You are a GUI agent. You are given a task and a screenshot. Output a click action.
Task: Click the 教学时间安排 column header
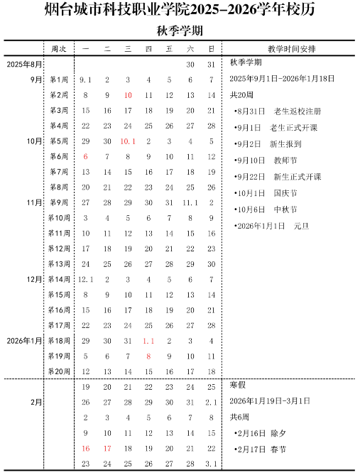292,49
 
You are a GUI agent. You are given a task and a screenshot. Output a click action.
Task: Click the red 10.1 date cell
128,141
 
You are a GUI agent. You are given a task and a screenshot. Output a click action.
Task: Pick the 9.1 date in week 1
86,80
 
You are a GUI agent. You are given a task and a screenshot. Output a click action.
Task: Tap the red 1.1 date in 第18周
148,341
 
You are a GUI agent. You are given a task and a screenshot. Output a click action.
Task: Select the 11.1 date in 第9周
190,202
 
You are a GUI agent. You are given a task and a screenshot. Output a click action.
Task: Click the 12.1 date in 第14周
86,279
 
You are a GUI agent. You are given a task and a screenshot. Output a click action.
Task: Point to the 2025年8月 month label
25,65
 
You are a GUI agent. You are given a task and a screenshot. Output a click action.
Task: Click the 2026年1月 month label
25,341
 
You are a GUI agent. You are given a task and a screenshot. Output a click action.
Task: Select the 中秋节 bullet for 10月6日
266,209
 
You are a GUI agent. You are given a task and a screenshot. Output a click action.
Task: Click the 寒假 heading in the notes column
237,386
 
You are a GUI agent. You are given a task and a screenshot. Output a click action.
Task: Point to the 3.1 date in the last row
211,464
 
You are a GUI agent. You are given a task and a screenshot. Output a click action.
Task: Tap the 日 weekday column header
211,49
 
